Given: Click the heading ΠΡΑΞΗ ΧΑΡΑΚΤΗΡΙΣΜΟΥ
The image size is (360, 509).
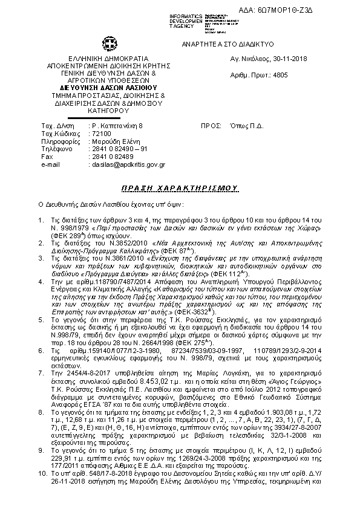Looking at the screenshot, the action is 180,189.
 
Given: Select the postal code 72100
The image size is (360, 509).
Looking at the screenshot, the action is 100,132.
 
